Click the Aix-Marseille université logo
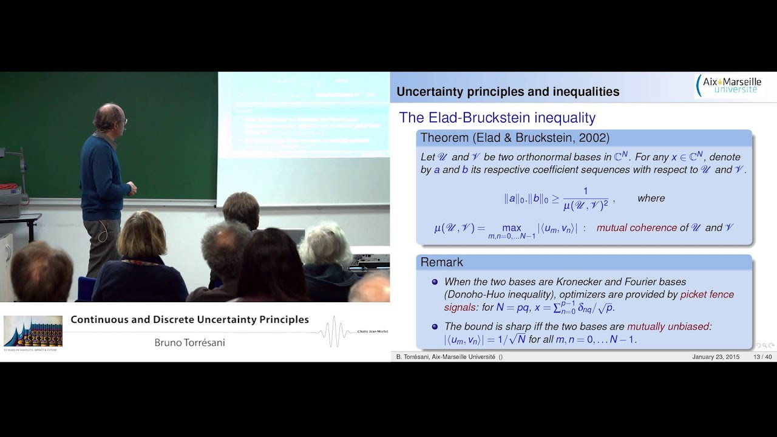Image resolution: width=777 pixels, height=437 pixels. (x=728, y=86)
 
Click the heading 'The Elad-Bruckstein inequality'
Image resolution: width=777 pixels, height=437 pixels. (x=497, y=118)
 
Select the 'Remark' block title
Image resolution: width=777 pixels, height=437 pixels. (x=441, y=262)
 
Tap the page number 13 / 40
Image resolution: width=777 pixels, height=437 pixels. (x=762, y=357)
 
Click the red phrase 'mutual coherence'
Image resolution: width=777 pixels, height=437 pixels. (x=636, y=228)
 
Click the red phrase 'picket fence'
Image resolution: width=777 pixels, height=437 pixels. (x=707, y=294)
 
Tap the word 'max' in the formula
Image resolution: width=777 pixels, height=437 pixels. (x=512, y=228)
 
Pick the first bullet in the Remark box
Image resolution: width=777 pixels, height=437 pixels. (x=434, y=282)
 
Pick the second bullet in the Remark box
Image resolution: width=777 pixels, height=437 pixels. (x=434, y=327)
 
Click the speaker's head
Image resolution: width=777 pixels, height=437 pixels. (x=110, y=118)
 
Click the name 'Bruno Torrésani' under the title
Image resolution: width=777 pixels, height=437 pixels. (x=189, y=343)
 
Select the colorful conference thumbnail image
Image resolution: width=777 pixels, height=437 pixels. (x=33, y=331)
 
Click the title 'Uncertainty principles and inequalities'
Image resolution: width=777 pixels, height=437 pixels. (x=507, y=92)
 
